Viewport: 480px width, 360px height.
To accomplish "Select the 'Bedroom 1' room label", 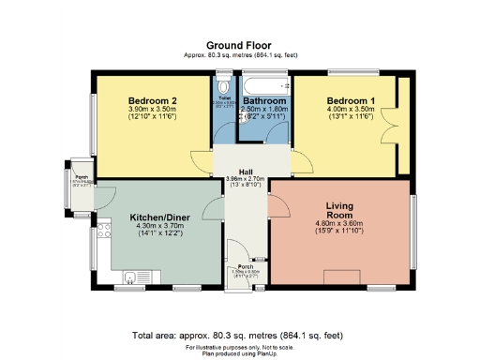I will pos(351,100).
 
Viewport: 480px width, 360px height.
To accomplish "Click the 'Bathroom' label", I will pos(264,100).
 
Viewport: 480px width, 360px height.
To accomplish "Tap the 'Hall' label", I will pos(245,172).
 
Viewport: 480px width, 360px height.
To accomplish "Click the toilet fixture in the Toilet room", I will pos(224,83).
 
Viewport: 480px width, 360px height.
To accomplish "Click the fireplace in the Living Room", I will pos(338,277).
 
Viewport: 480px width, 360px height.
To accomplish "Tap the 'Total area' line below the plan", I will pos(239,335).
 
